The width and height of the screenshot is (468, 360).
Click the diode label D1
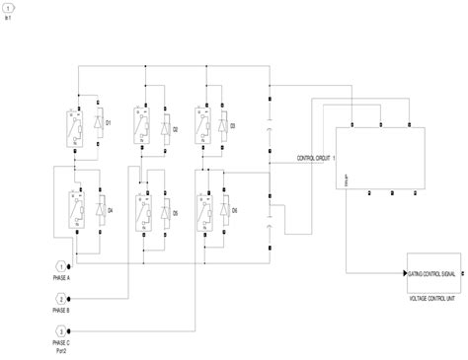[110, 123]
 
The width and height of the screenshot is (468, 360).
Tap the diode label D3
[233, 126]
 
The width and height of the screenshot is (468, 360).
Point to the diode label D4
[110, 211]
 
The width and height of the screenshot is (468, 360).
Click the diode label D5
[175, 212]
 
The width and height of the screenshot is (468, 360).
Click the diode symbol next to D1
[97, 123]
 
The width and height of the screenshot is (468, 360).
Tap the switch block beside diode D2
[141, 127]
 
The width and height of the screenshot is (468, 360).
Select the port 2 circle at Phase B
[62, 299]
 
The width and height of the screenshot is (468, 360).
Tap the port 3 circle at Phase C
[62, 330]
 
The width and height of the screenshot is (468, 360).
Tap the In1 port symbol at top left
[9, 8]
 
